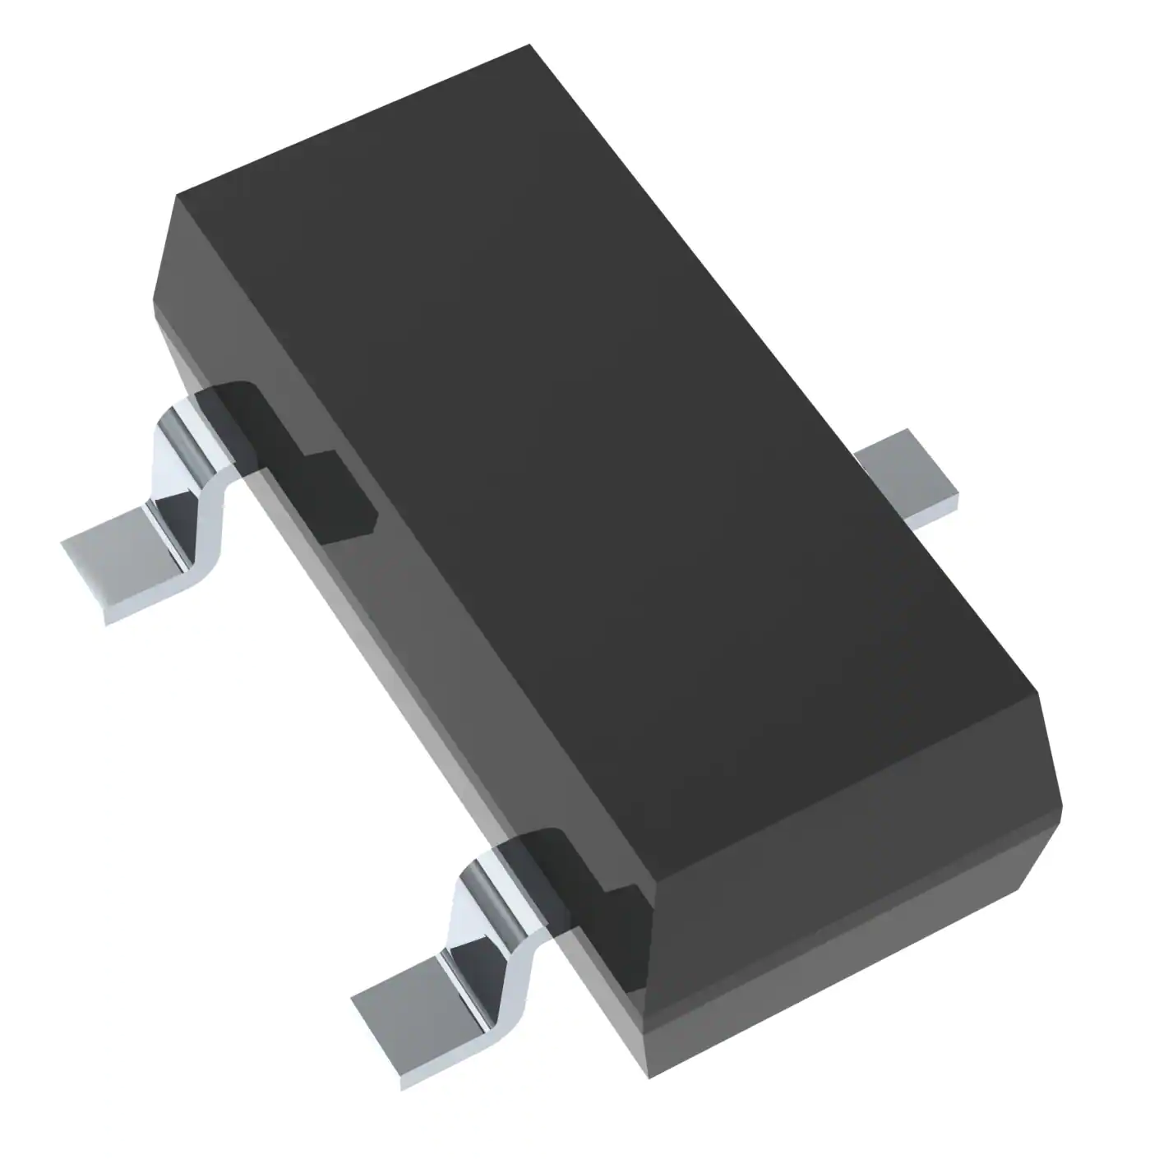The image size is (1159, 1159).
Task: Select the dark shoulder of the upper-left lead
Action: (x=288, y=460)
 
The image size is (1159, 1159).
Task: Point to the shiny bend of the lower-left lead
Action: (x=477, y=912)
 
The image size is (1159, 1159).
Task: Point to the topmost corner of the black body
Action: (x=530, y=47)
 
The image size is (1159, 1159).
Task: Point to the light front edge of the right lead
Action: (x=937, y=510)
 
